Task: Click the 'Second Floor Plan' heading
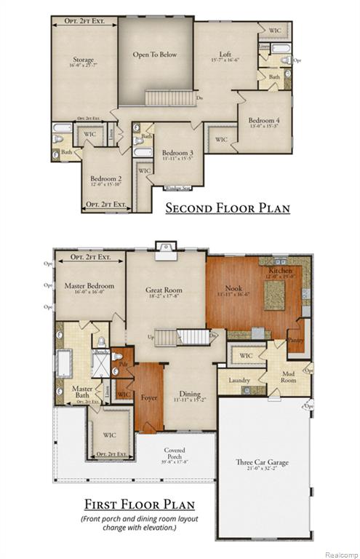click(228, 208)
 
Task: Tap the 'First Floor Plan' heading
click(139, 504)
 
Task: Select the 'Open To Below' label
click(154, 55)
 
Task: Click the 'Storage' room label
click(83, 60)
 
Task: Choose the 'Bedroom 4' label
click(265, 120)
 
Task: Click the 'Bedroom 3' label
click(177, 153)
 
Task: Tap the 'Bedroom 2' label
click(105, 178)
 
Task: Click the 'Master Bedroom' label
click(89, 286)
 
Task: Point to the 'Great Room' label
click(164, 290)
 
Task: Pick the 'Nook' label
click(233, 288)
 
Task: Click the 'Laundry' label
click(239, 380)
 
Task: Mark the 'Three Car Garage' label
click(263, 461)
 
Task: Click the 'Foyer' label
click(149, 398)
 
